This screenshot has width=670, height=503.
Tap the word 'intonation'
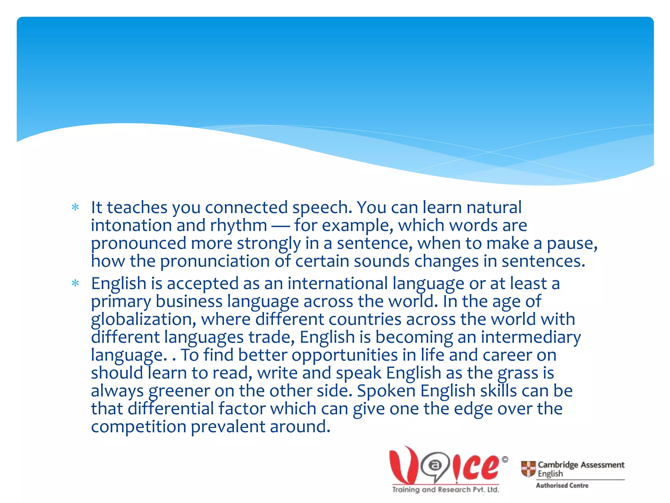[x=131, y=226]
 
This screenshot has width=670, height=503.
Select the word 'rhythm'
[x=238, y=226]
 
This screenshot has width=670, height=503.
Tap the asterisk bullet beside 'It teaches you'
[x=75, y=207]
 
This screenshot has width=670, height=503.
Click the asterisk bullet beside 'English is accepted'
[x=75, y=283]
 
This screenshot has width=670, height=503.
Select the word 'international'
[x=338, y=284]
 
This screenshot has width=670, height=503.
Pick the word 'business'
[x=189, y=301]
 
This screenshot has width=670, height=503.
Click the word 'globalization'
[x=144, y=320]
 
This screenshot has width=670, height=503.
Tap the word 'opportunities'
[x=344, y=355]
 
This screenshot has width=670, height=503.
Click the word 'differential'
[x=170, y=409]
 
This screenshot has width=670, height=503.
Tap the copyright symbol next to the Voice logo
[x=505, y=459]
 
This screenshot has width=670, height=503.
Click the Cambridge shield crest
[x=528, y=469]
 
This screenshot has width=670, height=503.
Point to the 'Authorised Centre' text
[x=562, y=485]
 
